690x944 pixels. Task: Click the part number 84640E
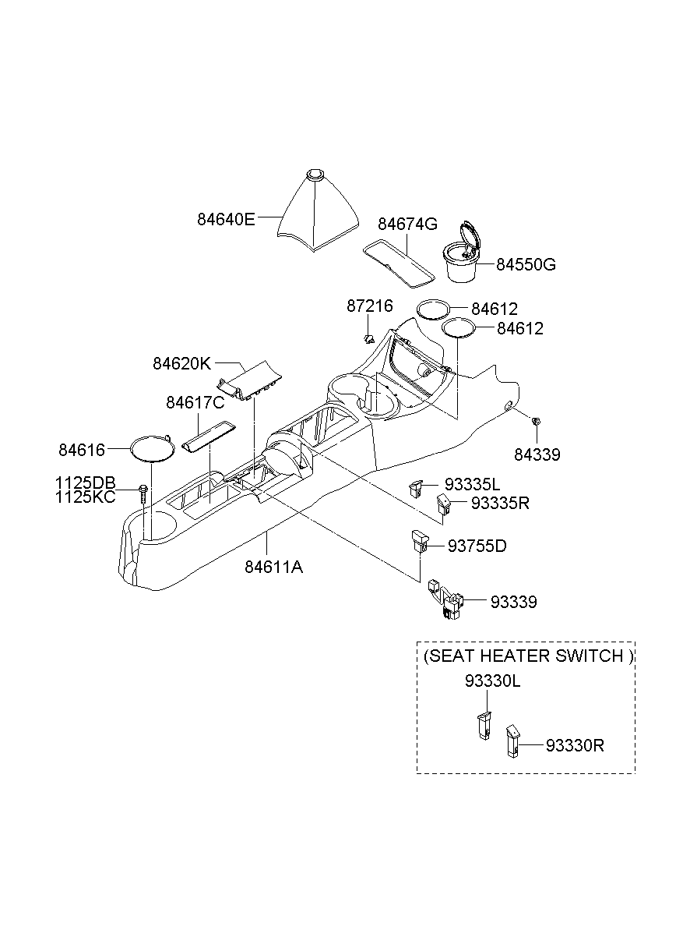pos(225,219)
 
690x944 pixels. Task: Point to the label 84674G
pos(407,224)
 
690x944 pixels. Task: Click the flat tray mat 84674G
pos(398,263)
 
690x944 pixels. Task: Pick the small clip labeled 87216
pos(370,338)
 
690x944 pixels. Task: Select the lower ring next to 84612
pos(459,327)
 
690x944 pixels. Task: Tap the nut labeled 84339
pos(536,422)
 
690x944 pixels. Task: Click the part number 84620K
pos(181,363)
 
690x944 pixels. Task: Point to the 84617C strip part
pos(206,436)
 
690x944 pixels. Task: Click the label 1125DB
pos(85,483)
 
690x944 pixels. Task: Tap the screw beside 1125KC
pos(143,491)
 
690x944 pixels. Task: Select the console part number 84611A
pos(273,567)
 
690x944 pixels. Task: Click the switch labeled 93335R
pos(444,504)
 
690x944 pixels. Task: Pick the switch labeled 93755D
pos(419,540)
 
